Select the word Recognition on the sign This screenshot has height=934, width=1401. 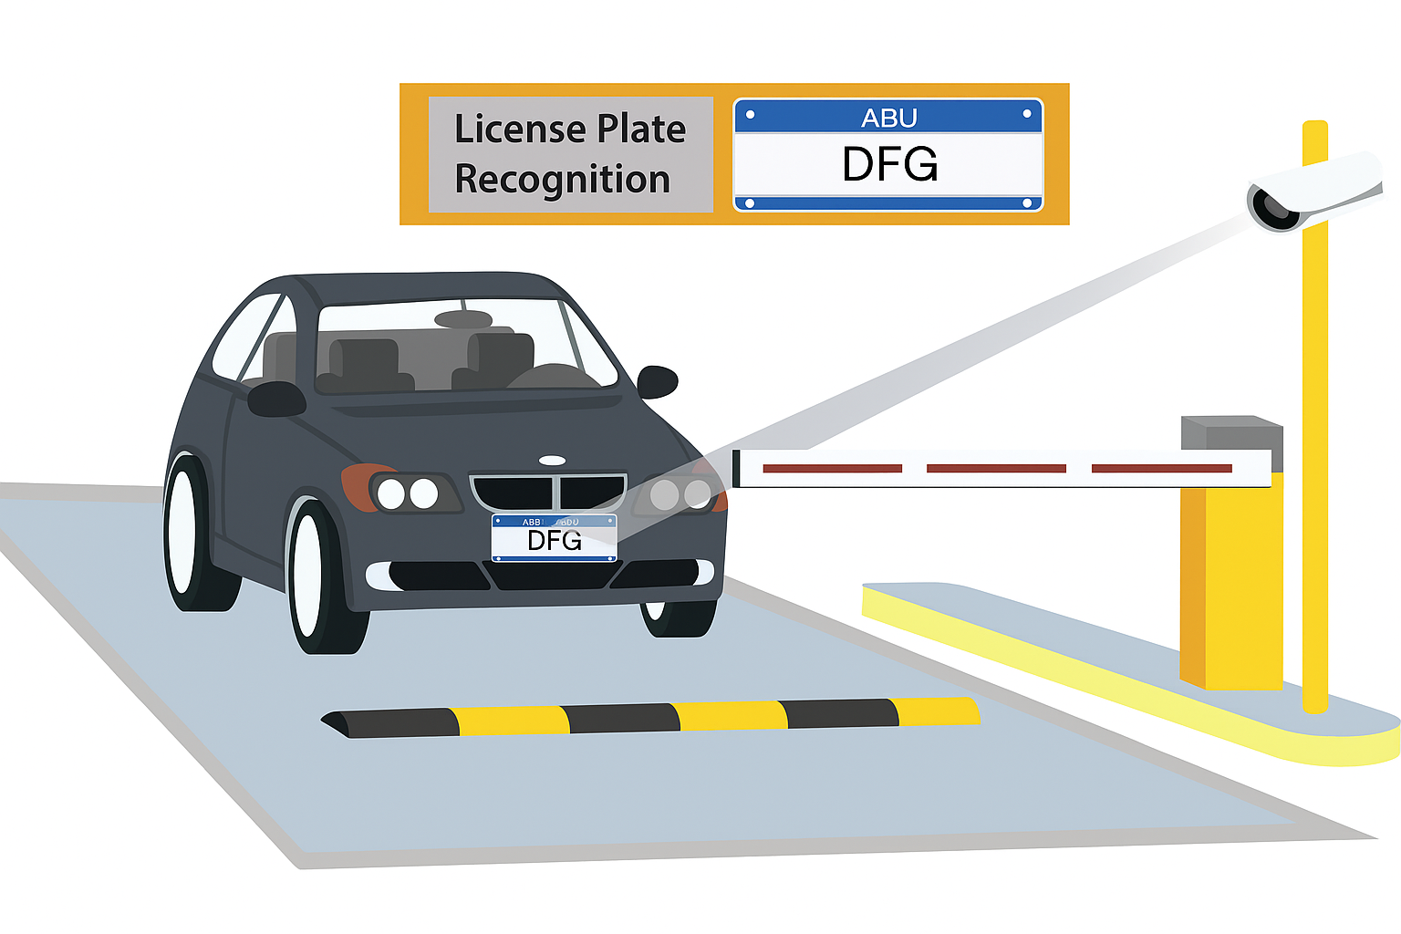tap(562, 180)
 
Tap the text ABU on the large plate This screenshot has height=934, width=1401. tap(888, 119)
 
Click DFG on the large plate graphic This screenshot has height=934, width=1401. tap(889, 165)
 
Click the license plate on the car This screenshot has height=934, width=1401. tap(555, 538)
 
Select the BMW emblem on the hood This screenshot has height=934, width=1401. tap(552, 461)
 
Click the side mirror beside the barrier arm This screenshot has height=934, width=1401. tap(657, 381)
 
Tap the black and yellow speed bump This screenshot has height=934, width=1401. tap(649, 717)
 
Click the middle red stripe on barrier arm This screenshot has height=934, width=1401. tap(996, 469)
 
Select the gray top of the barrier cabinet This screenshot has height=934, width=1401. tap(1231, 431)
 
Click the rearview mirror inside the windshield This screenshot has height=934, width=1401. tap(463, 319)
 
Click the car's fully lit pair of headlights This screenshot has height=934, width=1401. tap(408, 493)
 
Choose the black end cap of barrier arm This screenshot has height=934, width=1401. tap(736, 469)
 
